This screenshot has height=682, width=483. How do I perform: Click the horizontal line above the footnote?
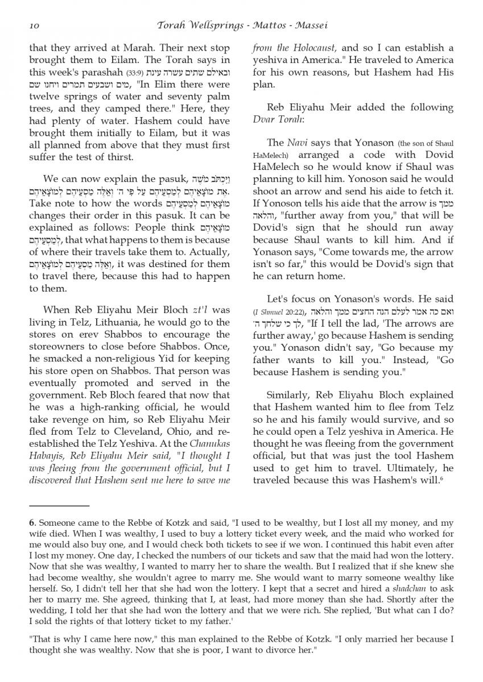pos(59,505)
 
